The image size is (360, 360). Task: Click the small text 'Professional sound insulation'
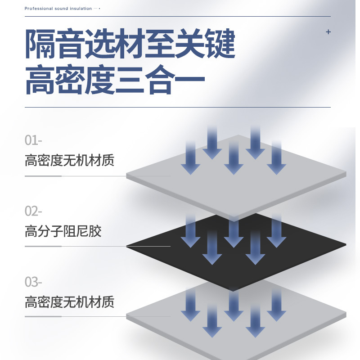(58, 9)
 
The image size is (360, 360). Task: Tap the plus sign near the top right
(328, 32)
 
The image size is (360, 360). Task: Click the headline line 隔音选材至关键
(130, 44)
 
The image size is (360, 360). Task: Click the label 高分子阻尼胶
(63, 231)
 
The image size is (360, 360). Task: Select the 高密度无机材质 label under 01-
(69, 160)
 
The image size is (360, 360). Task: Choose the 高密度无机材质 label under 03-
(69, 301)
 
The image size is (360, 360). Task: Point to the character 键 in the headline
(220, 44)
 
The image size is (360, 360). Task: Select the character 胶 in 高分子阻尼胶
(95, 231)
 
